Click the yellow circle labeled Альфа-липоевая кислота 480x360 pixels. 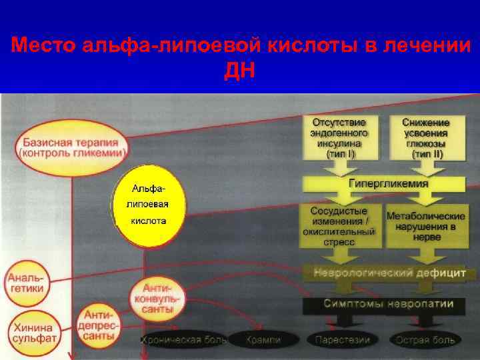tap(149, 205)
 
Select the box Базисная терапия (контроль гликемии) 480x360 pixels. tap(71, 147)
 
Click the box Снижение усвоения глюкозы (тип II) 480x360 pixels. tap(426, 138)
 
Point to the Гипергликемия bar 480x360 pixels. tap(388, 183)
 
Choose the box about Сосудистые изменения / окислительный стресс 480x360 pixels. tap(339, 225)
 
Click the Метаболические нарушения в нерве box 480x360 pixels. tap(426, 227)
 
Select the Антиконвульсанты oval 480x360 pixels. tap(157, 297)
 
